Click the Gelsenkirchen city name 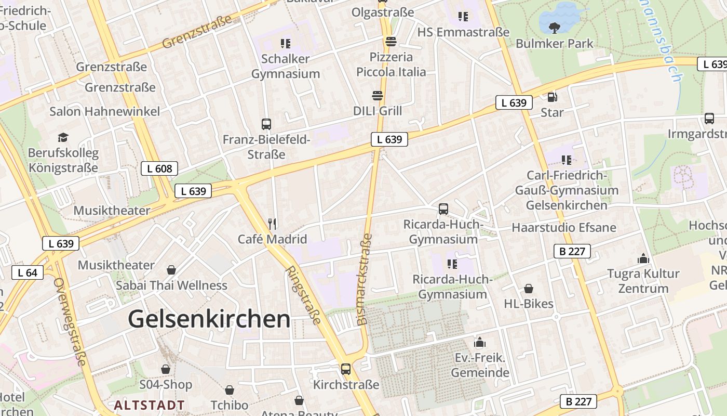(209, 318)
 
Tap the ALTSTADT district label (150, 405)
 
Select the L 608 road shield (159, 168)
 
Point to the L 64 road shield (27, 272)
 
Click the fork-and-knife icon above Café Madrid (272, 224)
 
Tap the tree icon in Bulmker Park (554, 27)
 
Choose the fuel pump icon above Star (553, 97)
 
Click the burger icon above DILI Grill (378, 96)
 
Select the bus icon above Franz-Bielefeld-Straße (266, 124)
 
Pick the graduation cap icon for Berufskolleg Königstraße (63, 137)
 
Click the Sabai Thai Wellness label (171, 285)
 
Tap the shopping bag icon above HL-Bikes (529, 289)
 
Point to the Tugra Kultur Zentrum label (643, 281)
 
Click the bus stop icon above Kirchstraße (346, 369)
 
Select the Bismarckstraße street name (365, 279)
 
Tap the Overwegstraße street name (69, 321)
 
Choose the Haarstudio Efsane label (564, 228)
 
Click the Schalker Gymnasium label (286, 66)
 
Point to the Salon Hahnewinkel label (105, 111)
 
